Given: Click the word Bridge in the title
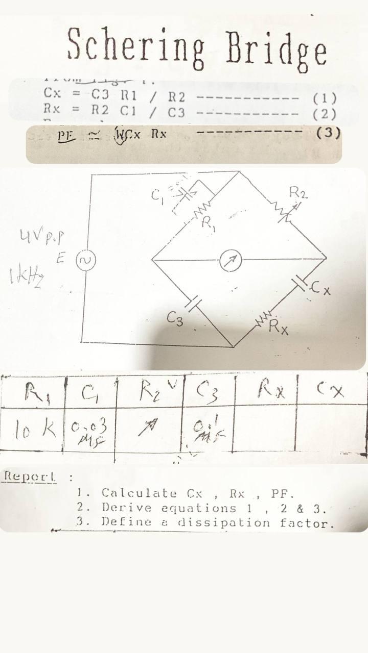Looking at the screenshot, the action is (276, 49).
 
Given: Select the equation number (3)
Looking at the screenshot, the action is (328, 133).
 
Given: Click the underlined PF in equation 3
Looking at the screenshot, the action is (66, 136).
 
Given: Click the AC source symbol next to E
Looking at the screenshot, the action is (83, 260).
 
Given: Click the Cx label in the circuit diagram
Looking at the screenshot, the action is (322, 291).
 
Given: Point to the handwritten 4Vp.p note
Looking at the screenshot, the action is (45, 237).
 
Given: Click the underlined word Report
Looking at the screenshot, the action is (29, 476).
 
